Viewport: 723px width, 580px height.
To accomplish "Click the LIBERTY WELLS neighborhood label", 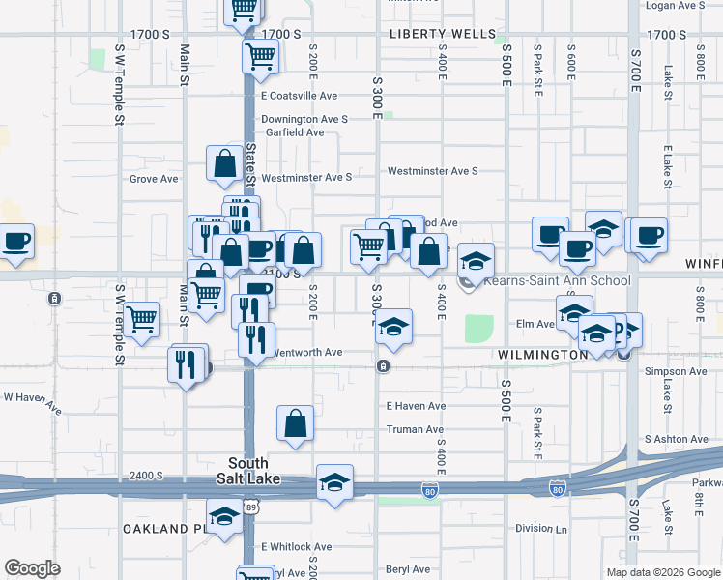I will (429, 34).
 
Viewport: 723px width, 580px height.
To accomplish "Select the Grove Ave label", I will (155, 179).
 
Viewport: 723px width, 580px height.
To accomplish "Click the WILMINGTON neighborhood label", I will (543, 355).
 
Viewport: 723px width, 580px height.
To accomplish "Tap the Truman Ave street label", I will (415, 429).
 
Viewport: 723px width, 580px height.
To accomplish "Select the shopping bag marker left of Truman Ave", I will (295, 422).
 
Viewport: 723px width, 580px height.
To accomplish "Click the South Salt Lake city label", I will (254, 471).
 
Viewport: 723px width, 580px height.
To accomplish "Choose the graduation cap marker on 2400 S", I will (334, 481).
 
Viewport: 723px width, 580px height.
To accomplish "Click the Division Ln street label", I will (541, 529).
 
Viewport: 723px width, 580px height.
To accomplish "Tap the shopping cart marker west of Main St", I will (142, 317).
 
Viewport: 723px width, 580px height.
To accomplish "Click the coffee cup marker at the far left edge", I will (16, 241).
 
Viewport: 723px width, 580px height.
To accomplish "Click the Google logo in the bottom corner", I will (33, 568).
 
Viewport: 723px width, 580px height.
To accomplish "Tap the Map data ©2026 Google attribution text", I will (663, 572).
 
